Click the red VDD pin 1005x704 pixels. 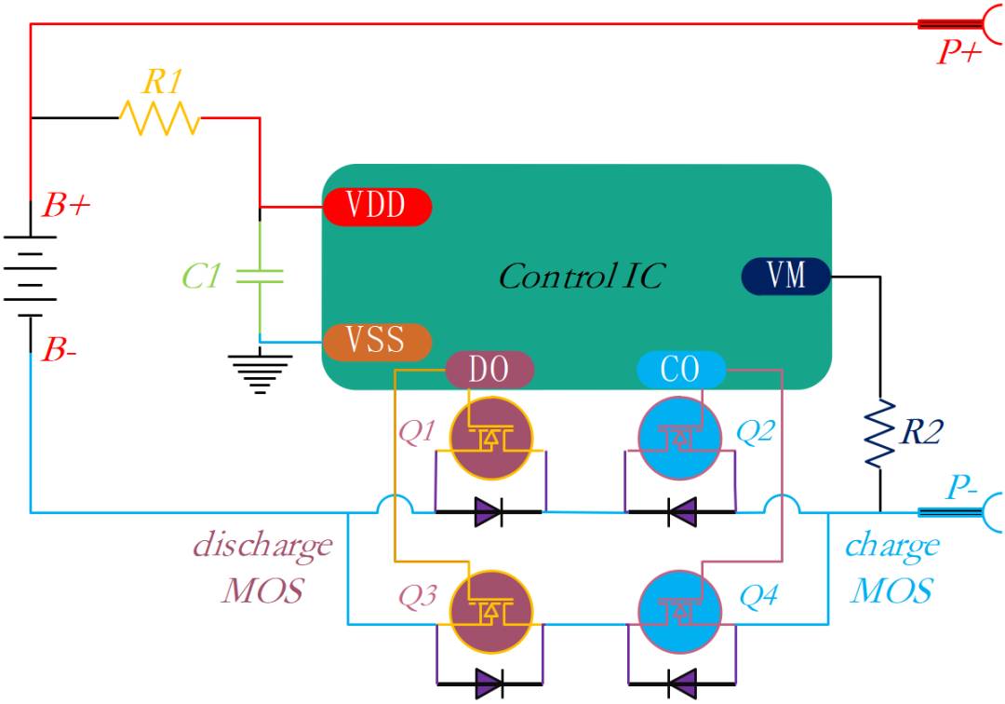tap(378, 207)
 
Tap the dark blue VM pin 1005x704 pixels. tap(785, 277)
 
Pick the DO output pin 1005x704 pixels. tap(489, 370)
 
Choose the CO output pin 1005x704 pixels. tap(680, 370)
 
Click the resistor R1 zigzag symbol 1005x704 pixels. tap(160, 118)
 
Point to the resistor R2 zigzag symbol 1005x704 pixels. tap(880, 433)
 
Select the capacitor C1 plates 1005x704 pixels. tap(260, 277)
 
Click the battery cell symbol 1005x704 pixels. tap(30, 277)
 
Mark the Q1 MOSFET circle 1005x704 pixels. tap(491, 438)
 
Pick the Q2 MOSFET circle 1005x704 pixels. tap(680, 438)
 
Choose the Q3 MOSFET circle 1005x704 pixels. tap(491, 613)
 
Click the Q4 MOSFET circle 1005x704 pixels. tap(680, 613)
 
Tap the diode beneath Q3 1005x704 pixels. tap(489, 684)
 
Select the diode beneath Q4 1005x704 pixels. tap(681, 684)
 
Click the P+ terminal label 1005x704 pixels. tap(958, 51)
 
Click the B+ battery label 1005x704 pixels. tap(67, 205)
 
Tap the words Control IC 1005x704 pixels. tap(582, 277)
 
